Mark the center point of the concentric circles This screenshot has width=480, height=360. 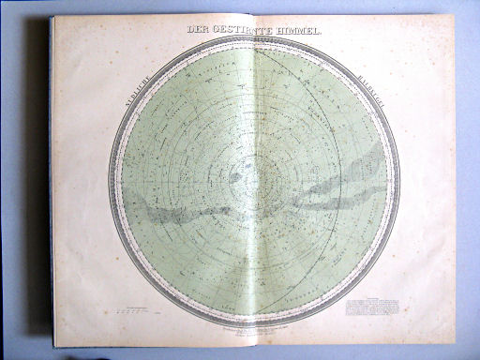pyautogui.click(x=253, y=177)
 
